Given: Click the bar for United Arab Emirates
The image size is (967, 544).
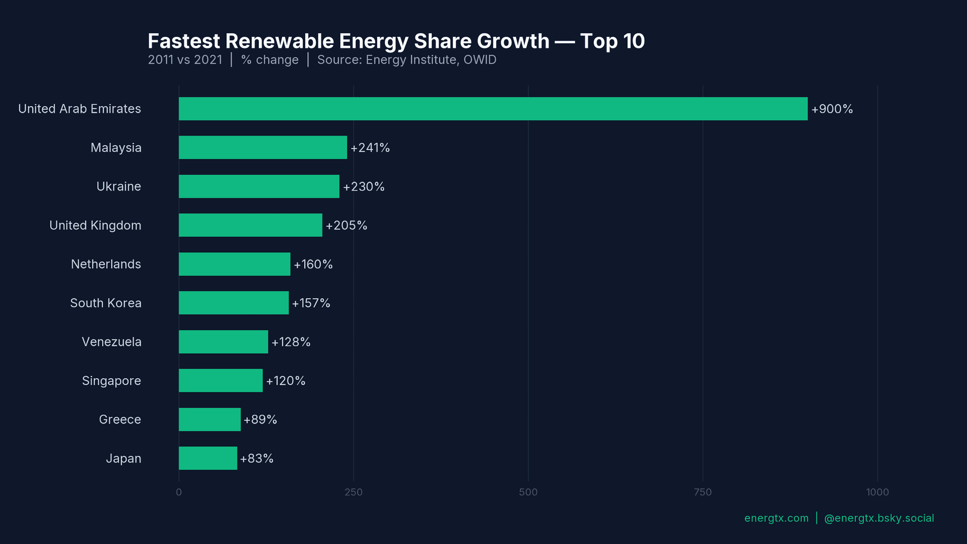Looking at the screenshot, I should click(x=493, y=109).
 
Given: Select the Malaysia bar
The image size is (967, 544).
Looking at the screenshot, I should click(x=262, y=148).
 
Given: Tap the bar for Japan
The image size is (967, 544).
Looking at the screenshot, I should click(x=208, y=458).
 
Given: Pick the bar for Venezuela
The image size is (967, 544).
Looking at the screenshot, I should click(x=223, y=342).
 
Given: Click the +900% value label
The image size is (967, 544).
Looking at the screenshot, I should click(x=832, y=109).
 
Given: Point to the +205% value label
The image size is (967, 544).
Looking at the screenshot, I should click(x=346, y=226).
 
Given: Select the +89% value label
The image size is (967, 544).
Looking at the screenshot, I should click(x=260, y=420).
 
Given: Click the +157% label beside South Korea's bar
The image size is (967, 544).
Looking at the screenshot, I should click(x=311, y=303).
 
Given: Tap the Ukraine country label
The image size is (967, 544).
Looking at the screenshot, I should click(x=118, y=186).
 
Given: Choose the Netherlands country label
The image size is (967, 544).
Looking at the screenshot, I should click(x=106, y=264).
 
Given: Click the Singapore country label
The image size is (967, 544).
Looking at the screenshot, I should click(x=111, y=381).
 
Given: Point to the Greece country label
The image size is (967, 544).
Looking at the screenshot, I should click(x=120, y=420).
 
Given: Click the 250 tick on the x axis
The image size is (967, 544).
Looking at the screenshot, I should click(x=353, y=492).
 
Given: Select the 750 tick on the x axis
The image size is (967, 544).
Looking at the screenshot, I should click(x=703, y=492).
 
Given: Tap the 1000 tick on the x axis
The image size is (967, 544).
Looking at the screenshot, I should click(x=877, y=492).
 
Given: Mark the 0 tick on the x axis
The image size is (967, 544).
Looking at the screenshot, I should click(x=179, y=492).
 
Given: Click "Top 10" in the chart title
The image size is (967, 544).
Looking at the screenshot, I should click(x=612, y=41).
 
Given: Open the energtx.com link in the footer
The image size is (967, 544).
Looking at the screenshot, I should click(x=776, y=518).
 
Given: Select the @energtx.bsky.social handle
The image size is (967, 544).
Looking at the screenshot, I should click(x=879, y=518).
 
